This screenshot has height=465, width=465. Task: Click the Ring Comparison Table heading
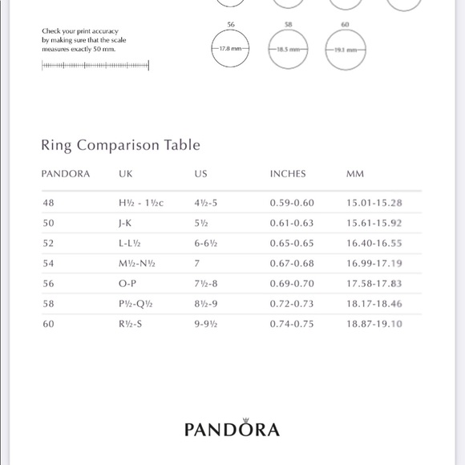(x=120, y=145)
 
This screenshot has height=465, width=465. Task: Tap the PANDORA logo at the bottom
(x=232, y=428)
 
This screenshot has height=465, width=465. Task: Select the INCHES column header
(x=288, y=174)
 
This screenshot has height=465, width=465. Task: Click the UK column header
(x=126, y=174)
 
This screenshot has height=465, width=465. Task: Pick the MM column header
(x=355, y=174)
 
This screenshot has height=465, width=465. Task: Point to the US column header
(x=200, y=174)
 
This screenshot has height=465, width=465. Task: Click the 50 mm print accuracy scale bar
(x=95, y=66)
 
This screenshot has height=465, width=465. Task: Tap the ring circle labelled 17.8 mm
(x=231, y=49)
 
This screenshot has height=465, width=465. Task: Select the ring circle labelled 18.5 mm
(x=288, y=49)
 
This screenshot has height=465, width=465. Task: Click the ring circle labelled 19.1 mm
(x=346, y=49)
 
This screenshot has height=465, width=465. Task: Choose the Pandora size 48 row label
(x=49, y=204)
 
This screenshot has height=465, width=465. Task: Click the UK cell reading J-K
(x=127, y=224)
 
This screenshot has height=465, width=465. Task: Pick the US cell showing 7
(x=196, y=264)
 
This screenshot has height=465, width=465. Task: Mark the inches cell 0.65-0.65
(x=292, y=244)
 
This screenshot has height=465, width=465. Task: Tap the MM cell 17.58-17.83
(x=374, y=284)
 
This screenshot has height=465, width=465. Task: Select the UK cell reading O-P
(x=127, y=284)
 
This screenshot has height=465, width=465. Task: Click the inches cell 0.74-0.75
(x=292, y=325)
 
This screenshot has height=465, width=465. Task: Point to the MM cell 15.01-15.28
(x=374, y=204)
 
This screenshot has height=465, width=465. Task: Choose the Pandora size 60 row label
(x=49, y=325)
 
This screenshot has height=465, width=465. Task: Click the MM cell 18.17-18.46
(x=374, y=305)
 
